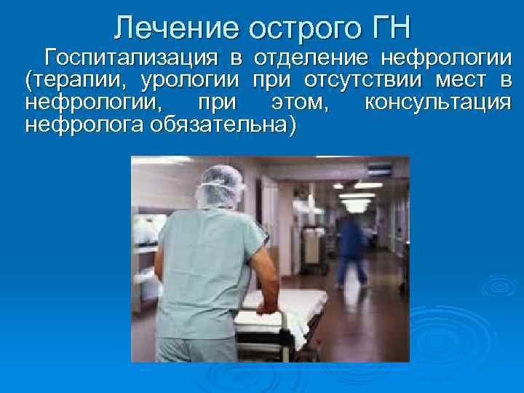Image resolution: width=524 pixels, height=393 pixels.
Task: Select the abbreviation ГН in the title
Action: click(391, 28)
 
